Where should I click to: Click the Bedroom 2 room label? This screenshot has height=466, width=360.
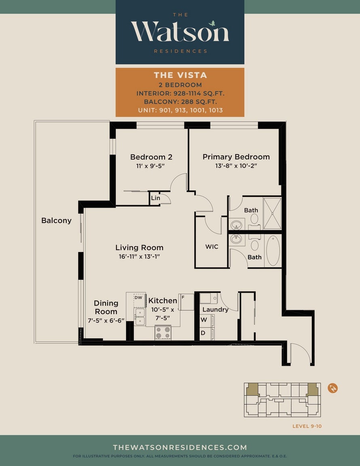151,157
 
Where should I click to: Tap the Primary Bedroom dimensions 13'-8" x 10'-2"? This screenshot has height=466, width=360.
236,166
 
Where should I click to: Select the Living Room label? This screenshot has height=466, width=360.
139,248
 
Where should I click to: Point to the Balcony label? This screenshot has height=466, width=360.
56,220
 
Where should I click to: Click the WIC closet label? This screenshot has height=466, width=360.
212,247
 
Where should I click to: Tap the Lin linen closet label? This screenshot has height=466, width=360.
155,198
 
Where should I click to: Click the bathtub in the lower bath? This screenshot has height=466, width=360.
273,250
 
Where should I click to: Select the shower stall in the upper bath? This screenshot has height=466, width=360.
272,214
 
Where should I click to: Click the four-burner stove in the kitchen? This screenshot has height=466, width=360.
163,332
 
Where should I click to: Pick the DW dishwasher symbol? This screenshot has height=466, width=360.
138,297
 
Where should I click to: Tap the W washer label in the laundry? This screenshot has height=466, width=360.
203,320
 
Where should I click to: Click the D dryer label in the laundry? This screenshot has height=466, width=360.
203,333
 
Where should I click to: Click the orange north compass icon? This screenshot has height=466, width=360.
332,388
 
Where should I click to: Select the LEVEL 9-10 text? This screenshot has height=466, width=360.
307,426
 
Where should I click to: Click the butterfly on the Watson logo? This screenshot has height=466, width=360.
212,23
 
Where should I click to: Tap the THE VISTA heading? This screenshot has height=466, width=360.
180,75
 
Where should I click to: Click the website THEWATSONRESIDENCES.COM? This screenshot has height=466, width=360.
180,447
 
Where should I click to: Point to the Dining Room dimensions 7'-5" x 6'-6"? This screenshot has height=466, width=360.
106,321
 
